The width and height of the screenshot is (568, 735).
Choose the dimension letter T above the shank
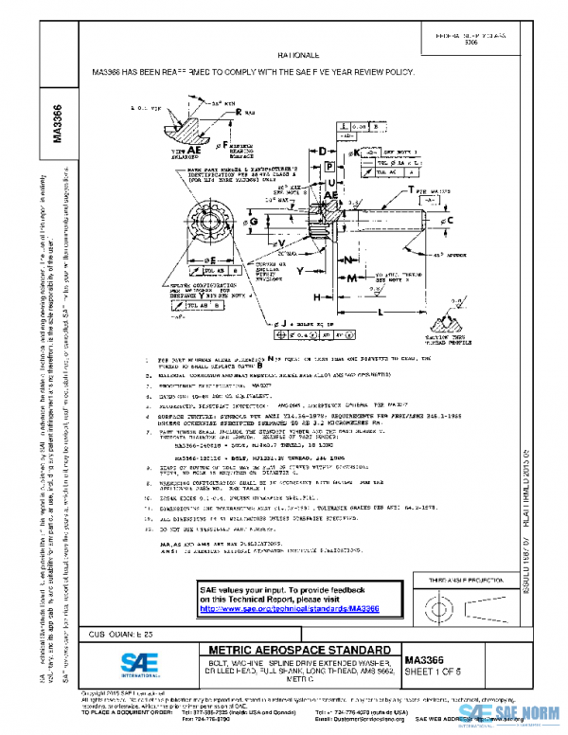[x=414, y=192]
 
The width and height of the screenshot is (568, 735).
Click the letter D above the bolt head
[x=322, y=151]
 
